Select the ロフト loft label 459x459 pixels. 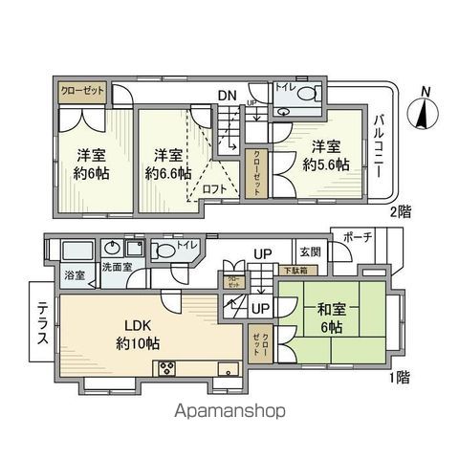(x=214, y=190)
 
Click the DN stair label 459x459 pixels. (x=227, y=95)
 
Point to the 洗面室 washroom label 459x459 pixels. (x=119, y=269)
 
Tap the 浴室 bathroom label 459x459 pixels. (x=74, y=275)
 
